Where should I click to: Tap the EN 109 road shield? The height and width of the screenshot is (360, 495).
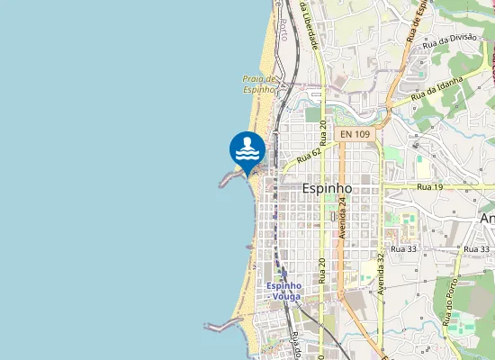(x=355, y=134)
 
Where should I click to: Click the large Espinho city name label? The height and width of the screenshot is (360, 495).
(x=326, y=189)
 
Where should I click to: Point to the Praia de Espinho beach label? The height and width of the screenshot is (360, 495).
(x=258, y=84)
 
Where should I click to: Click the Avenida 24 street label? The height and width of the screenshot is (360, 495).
(x=343, y=217)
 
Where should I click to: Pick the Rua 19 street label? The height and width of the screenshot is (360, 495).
(x=430, y=186)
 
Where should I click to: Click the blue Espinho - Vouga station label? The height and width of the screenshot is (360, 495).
(x=284, y=291)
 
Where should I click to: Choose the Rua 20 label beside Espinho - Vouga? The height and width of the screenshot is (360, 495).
(x=321, y=270)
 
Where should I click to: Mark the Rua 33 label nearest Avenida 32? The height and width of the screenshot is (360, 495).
(x=402, y=247)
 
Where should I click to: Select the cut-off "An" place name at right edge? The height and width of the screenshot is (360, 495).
(x=487, y=219)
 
